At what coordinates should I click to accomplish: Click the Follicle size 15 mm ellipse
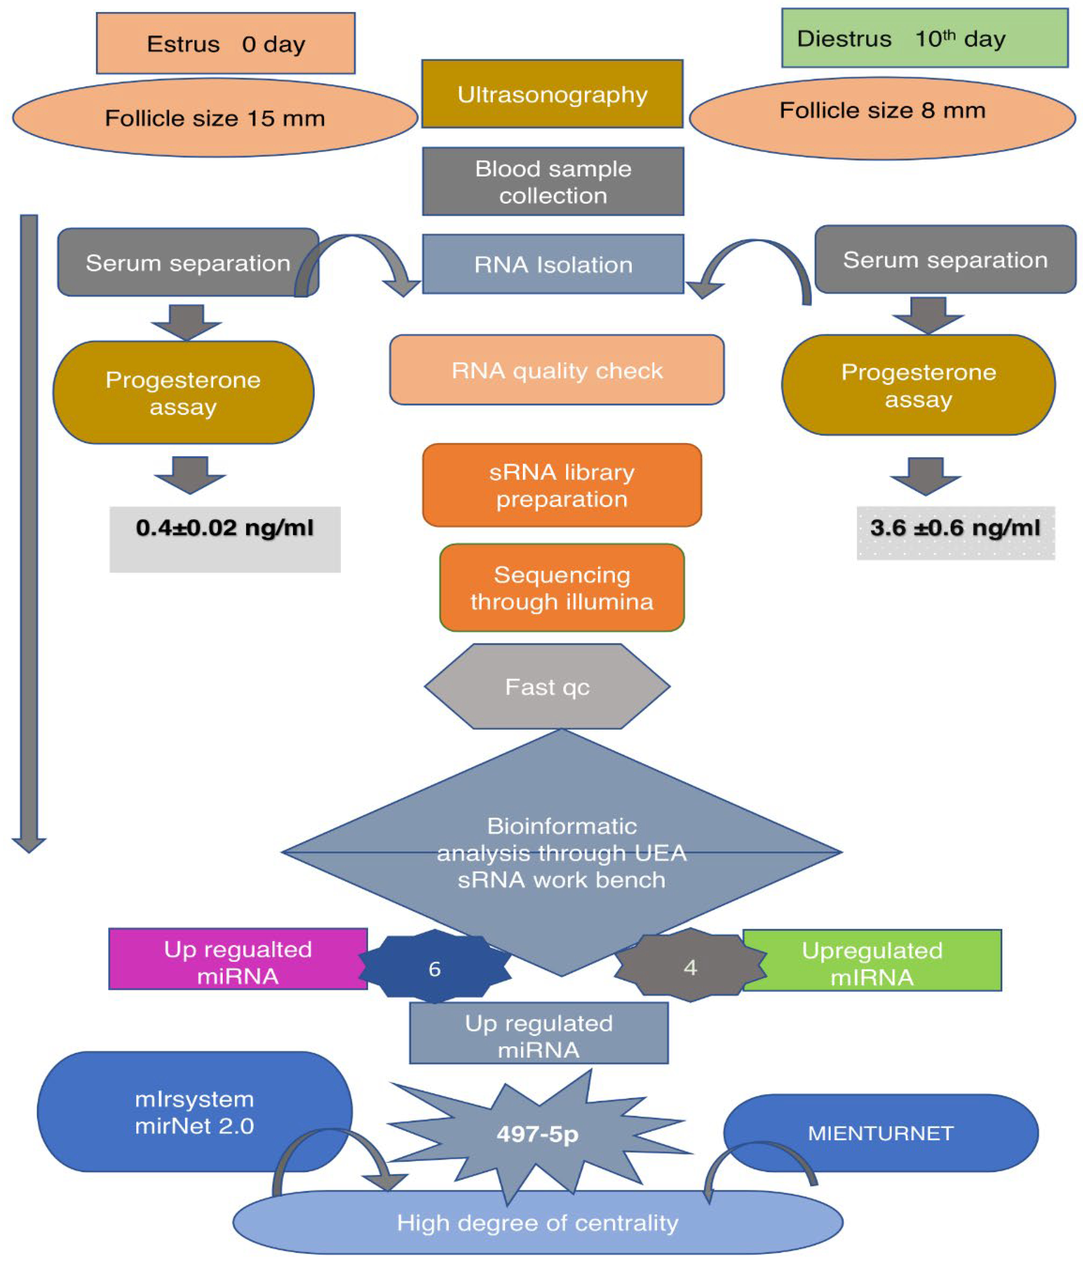pyautogui.click(x=215, y=118)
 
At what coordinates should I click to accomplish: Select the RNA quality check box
pyautogui.click(x=556, y=370)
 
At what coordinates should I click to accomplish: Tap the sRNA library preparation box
pyautogui.click(x=561, y=485)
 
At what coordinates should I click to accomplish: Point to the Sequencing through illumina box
pyautogui.click(x=561, y=587)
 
